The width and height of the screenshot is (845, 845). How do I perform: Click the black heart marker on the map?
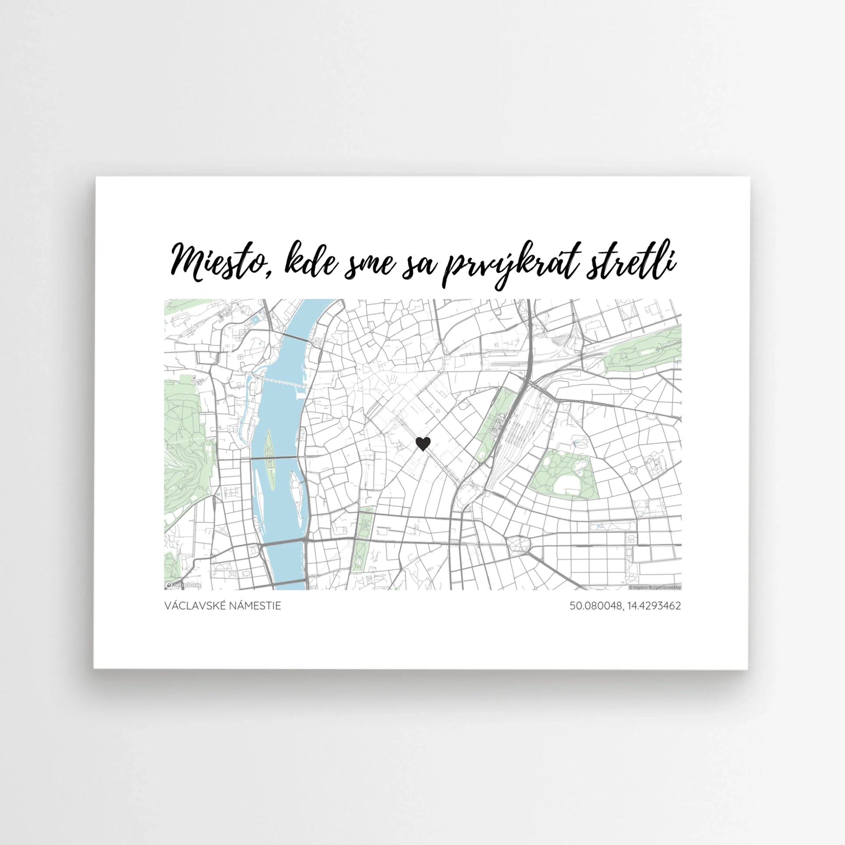(422, 444)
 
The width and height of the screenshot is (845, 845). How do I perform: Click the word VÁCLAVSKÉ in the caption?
(192, 606)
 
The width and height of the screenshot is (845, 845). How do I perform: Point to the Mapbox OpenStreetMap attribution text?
(654, 588)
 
